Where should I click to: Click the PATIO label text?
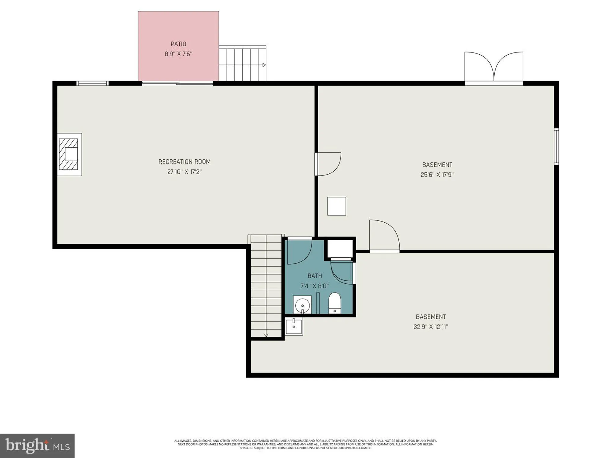(x=178, y=44)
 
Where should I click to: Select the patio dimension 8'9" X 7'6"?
(x=178, y=54)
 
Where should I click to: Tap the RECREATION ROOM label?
(x=184, y=162)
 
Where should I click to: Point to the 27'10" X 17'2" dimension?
(x=184, y=172)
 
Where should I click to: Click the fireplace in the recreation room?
(x=69, y=154)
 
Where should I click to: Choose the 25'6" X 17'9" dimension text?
(x=437, y=175)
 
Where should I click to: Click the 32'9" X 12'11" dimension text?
(x=430, y=327)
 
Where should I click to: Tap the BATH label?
(x=315, y=276)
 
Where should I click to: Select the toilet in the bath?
(x=335, y=303)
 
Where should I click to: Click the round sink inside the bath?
(x=302, y=305)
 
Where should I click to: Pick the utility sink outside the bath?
(x=294, y=326)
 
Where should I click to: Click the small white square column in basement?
(x=337, y=206)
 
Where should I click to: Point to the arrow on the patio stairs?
(x=264, y=65)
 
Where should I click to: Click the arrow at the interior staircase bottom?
(x=266, y=335)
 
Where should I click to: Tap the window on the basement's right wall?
(x=556, y=147)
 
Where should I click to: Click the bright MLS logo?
(x=37, y=445)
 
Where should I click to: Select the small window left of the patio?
(x=92, y=83)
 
